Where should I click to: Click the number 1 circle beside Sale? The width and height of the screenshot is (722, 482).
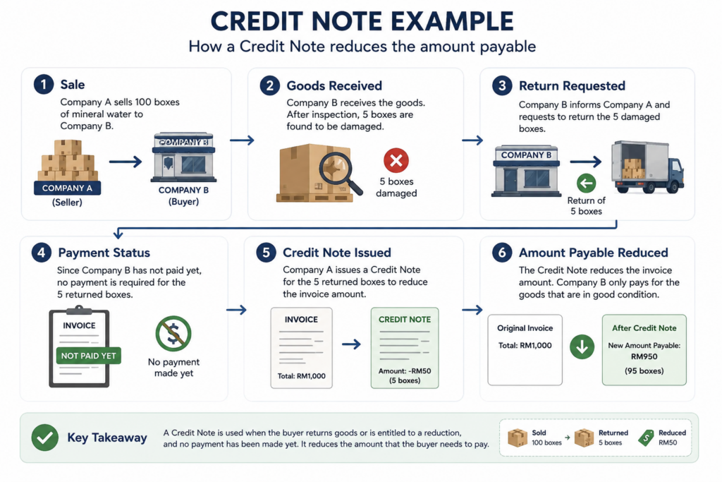44,84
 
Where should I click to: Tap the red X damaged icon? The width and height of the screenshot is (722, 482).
396,160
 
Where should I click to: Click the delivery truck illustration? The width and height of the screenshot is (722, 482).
647,167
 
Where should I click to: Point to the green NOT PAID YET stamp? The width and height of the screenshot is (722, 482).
88,356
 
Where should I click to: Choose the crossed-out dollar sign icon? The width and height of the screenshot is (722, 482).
173,334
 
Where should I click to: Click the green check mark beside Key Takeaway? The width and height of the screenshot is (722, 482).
44,438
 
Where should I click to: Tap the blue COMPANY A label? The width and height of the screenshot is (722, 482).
67,188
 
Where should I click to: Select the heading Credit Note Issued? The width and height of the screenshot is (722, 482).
337,253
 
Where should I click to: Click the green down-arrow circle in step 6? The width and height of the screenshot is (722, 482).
582,347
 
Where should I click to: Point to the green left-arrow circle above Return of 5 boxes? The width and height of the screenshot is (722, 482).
586,183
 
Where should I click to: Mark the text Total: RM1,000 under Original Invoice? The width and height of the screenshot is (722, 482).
525,345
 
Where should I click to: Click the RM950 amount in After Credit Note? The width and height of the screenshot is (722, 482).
644,356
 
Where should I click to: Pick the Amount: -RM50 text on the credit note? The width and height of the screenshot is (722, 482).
405,371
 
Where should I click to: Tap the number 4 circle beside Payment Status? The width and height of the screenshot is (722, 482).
42,253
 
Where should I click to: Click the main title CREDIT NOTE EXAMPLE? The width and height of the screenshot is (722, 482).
362,21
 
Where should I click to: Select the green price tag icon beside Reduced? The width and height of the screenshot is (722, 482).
646,438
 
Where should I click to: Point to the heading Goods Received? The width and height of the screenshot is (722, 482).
334,85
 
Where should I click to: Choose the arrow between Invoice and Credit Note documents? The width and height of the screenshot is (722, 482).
351,344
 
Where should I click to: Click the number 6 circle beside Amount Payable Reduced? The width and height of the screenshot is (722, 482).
502,253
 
